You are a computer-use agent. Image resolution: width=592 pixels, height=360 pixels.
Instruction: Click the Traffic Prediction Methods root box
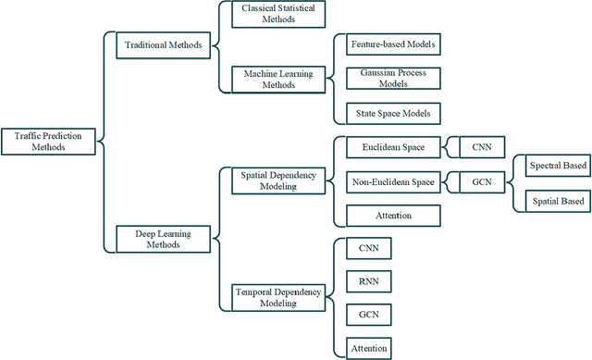(x=48, y=141)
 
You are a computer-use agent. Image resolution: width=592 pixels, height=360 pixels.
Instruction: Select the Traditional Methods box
(x=164, y=44)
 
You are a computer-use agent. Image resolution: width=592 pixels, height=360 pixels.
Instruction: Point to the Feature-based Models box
(x=393, y=44)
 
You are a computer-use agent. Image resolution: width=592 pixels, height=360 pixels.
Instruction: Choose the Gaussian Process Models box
(x=391, y=79)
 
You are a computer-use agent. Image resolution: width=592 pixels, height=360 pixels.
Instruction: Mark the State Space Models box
(x=393, y=114)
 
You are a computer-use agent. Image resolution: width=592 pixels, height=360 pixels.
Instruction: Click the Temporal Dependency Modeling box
(x=277, y=297)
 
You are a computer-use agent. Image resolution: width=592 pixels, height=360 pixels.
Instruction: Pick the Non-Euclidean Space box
(x=393, y=180)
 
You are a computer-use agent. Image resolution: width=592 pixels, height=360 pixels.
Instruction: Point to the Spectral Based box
(x=558, y=167)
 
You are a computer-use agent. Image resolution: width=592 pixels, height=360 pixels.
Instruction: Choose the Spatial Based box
(x=558, y=201)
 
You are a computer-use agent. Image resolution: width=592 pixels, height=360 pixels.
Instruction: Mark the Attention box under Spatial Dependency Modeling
(x=393, y=215)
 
